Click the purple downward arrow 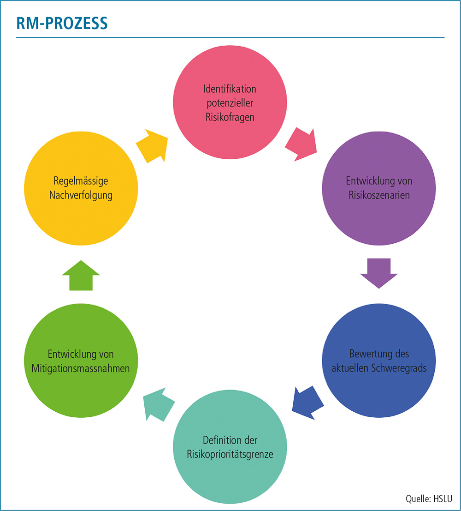click(x=378, y=273)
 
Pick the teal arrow click(x=158, y=403)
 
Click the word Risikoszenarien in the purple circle click(x=378, y=194)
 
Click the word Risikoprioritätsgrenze click(x=230, y=454)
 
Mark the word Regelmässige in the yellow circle click(x=81, y=180)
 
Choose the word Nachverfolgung click(x=81, y=195)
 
